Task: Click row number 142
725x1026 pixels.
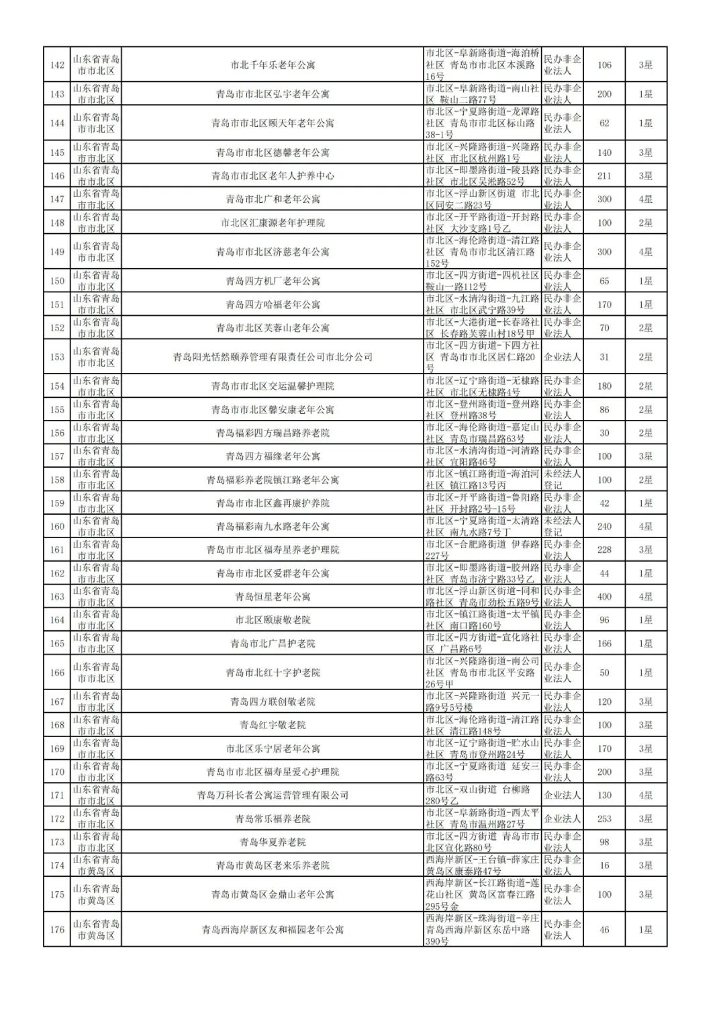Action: coord(57,65)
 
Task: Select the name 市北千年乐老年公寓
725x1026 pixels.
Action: coord(273,65)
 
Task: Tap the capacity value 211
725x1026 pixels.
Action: coord(604,176)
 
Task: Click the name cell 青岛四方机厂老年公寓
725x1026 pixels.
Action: coord(273,282)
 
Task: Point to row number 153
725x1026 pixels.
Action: coord(57,357)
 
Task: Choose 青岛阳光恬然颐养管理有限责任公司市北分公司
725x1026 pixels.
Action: coord(273,357)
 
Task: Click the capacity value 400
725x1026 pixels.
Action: coord(604,597)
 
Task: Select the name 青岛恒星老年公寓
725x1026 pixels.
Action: coord(273,597)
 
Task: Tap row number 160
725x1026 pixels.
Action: coord(57,527)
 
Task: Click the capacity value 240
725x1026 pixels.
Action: coord(604,527)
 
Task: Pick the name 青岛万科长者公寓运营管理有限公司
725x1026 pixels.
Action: coord(273,796)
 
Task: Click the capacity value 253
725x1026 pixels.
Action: coord(604,819)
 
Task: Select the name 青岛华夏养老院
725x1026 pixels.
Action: coord(273,843)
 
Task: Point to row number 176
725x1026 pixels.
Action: coord(57,930)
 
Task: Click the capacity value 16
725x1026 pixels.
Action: coord(604,865)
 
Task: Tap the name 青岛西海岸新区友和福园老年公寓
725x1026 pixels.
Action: coord(273,930)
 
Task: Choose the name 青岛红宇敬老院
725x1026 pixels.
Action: coord(273,726)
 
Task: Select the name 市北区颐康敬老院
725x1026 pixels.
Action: coord(273,620)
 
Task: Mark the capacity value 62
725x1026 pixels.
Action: coord(604,124)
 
